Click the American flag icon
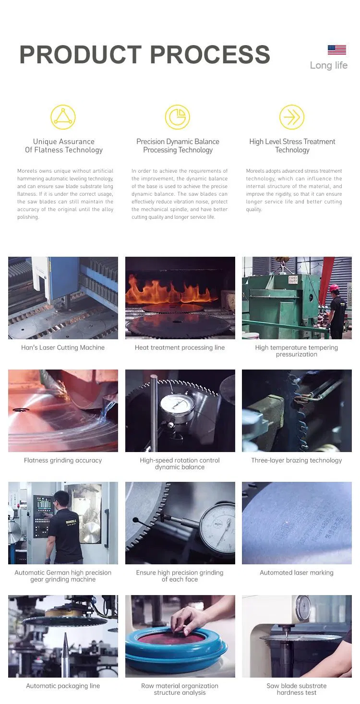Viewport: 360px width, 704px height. pyautogui.click(x=336, y=50)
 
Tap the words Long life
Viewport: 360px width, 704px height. pyautogui.click(x=328, y=65)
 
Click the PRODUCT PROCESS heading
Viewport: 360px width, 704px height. pyautogui.click(x=144, y=55)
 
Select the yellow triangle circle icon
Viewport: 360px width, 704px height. pyautogui.click(x=63, y=117)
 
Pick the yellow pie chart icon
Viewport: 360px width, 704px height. pyautogui.click(x=178, y=117)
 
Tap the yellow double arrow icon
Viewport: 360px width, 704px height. pyautogui.click(x=292, y=117)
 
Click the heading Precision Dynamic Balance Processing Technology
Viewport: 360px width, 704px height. pyautogui.click(x=178, y=146)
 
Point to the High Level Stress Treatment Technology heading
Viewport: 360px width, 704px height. pyautogui.click(x=292, y=146)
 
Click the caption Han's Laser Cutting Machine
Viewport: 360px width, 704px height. pyautogui.click(x=63, y=347)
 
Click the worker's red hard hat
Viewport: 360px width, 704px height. pyautogui.click(x=334, y=287)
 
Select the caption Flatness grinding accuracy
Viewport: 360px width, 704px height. pyautogui.click(x=63, y=460)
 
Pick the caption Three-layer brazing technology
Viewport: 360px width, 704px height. pyautogui.click(x=296, y=460)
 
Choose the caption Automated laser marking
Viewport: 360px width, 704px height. pyautogui.click(x=296, y=573)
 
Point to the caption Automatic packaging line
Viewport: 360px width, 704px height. pyautogui.click(x=63, y=686)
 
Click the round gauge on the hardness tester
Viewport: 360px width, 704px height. pyautogui.click(x=303, y=608)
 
